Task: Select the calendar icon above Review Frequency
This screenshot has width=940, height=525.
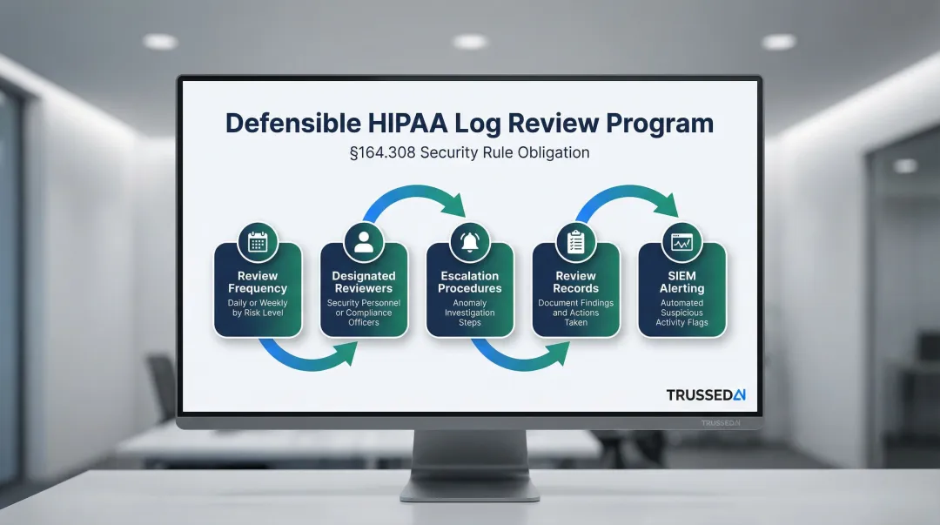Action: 258,242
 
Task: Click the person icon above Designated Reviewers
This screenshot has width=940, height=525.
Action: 364,242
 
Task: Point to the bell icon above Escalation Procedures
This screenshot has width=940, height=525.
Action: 470,242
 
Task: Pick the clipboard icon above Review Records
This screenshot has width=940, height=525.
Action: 575,242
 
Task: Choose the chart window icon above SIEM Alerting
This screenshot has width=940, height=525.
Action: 681,242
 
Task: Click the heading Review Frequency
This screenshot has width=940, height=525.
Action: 258,282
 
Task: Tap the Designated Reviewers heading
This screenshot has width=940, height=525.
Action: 364,282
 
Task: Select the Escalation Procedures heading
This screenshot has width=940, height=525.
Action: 470,282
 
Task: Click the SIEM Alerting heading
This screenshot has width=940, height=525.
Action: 681,282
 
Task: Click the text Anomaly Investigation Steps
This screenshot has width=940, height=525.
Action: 470,313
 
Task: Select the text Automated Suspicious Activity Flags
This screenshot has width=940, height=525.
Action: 681,313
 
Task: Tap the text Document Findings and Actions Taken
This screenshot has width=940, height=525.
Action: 575,313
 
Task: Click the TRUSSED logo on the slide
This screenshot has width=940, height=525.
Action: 706,394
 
